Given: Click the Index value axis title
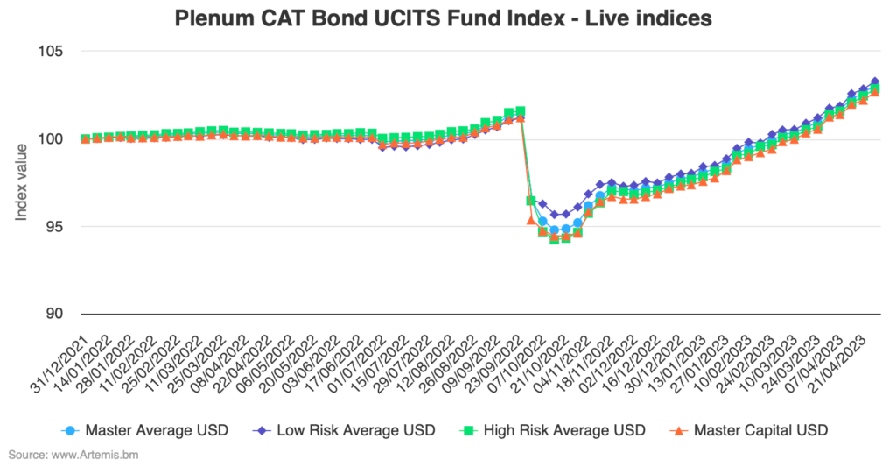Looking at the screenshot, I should point(24,182).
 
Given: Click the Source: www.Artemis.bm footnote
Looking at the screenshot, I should point(73,456).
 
